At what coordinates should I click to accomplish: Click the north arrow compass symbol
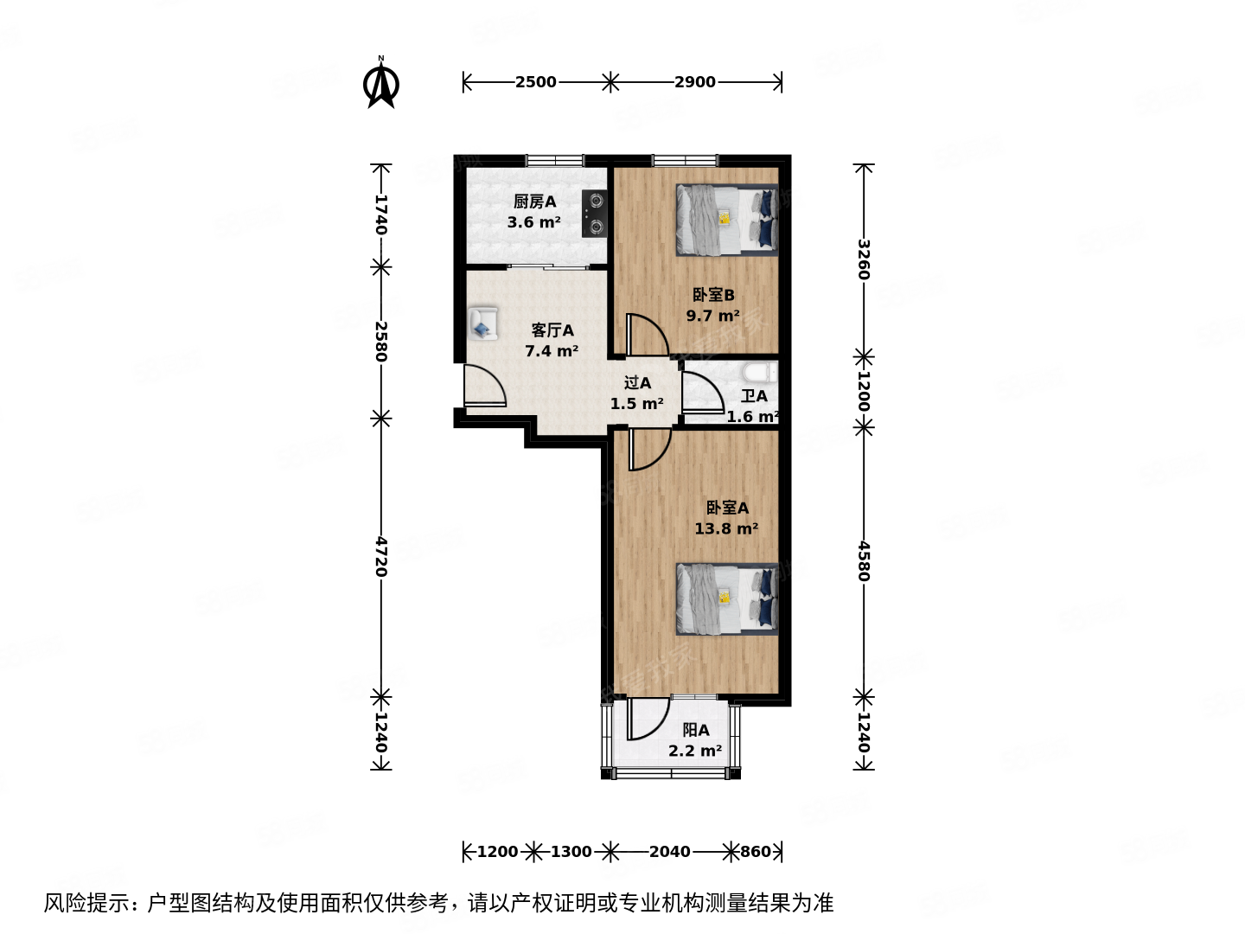click(380, 83)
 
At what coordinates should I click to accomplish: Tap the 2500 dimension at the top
click(535, 82)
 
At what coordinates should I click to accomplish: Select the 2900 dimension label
click(695, 82)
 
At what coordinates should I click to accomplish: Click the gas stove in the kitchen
click(594, 214)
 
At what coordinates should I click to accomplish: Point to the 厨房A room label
click(534, 202)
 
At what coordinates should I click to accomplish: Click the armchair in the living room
click(482, 323)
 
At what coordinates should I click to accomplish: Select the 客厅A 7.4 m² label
click(552, 341)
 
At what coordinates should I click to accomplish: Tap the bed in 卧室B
click(726, 220)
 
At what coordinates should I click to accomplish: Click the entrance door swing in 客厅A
click(482, 386)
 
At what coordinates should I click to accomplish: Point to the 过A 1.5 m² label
click(637, 393)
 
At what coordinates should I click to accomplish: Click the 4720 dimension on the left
click(380, 557)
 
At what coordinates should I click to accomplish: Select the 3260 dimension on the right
click(863, 259)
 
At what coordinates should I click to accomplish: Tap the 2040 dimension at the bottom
click(669, 852)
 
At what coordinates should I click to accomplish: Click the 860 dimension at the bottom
click(755, 852)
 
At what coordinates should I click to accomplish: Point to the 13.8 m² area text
click(726, 528)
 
